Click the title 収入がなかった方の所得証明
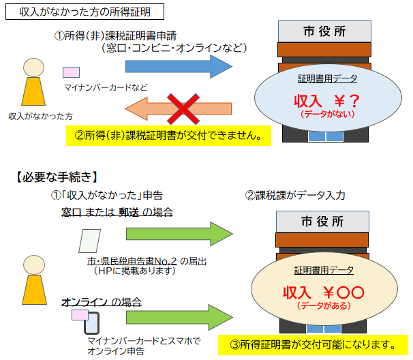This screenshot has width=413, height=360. pyautogui.click(x=80, y=12)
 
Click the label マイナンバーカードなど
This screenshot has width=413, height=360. pyautogui.click(x=106, y=87)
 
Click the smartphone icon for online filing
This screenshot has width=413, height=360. pyautogui.click(x=93, y=322)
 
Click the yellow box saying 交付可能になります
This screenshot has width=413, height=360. pyautogui.click(x=313, y=343)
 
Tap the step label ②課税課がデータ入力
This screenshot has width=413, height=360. pyautogui.click(x=295, y=195)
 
